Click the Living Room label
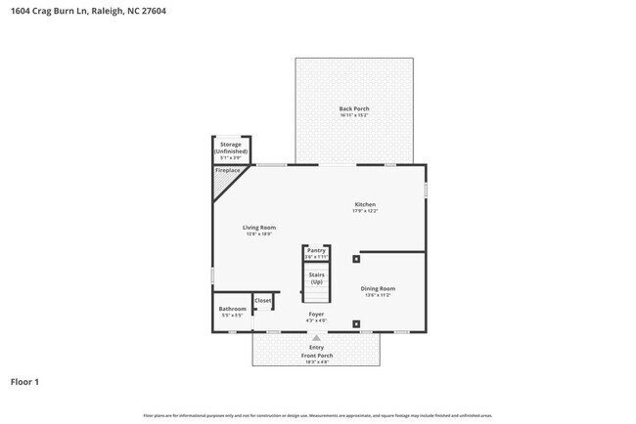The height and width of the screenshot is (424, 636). [x=259, y=228]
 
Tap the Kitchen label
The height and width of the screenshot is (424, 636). [x=365, y=204]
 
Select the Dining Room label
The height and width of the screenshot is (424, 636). [x=378, y=288]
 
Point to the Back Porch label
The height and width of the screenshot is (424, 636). [x=354, y=108]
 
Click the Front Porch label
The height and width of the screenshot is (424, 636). [x=316, y=356]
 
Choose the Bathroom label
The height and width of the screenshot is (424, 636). [x=233, y=309]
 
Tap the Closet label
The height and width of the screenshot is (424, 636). [x=263, y=301]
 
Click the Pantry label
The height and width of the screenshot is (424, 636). [x=316, y=250]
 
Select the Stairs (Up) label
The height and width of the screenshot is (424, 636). [x=316, y=278]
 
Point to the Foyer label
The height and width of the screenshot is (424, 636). [x=316, y=315]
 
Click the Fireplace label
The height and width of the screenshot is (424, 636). [x=226, y=171]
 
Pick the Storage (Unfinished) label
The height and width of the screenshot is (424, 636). [x=232, y=148]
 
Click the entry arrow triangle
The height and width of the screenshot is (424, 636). [x=316, y=338]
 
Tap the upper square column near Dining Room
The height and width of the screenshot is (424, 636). [x=355, y=259]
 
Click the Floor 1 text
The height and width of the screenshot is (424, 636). [x=25, y=382]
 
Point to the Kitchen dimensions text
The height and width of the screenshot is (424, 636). [x=365, y=211]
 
